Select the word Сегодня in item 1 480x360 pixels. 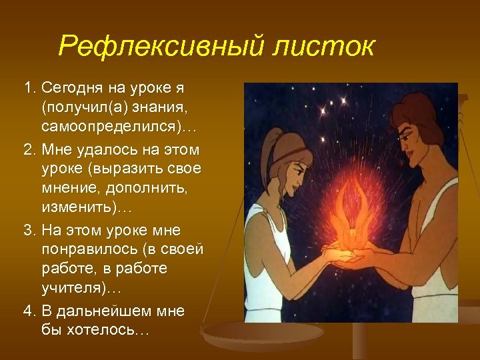point(71,88)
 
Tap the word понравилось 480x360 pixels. point(95,249)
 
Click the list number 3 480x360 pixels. point(28,230)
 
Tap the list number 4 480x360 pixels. point(28,311)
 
